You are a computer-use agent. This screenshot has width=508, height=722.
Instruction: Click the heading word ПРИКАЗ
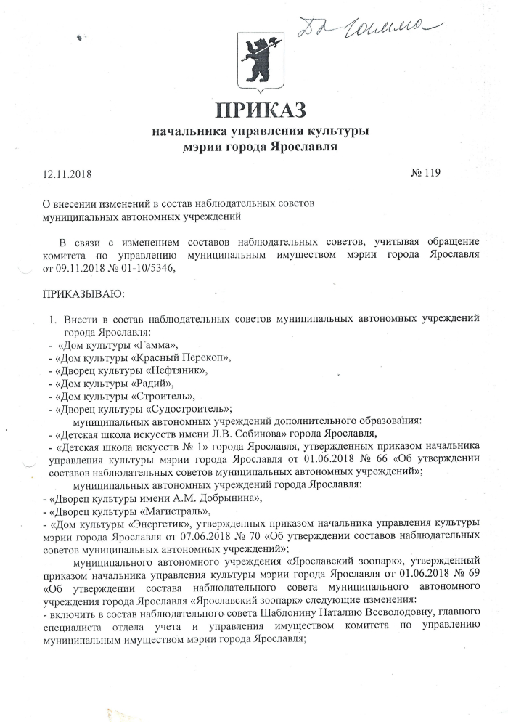[x=260, y=110]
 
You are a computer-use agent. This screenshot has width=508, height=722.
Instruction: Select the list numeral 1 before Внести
[x=52, y=319]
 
